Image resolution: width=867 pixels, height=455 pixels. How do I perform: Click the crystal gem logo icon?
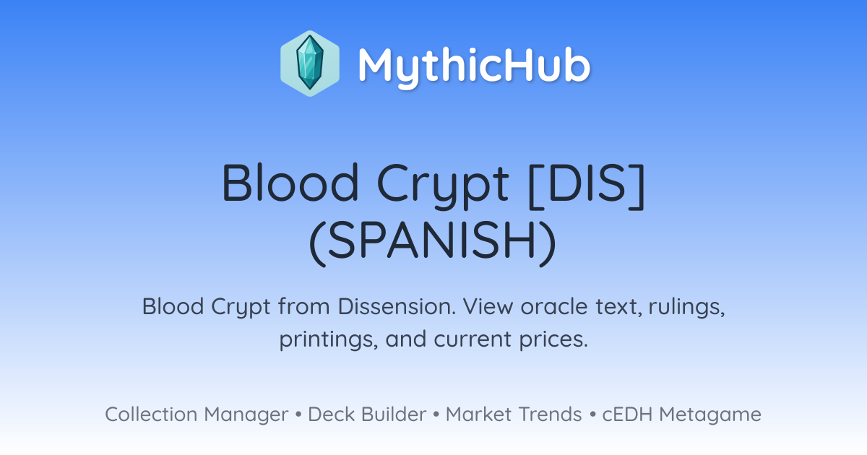[x=310, y=64]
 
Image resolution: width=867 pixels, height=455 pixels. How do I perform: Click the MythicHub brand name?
[x=474, y=66]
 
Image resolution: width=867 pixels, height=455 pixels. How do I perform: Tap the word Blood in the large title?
[x=290, y=183]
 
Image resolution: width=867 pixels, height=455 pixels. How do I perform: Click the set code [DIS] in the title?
[x=587, y=186]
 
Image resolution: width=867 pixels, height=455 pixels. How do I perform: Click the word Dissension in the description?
[x=397, y=306]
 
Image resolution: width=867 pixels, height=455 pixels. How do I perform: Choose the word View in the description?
[x=488, y=306]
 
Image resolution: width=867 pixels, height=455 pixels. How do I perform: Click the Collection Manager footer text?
[x=197, y=415]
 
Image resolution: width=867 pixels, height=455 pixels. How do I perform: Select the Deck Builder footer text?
[x=367, y=415]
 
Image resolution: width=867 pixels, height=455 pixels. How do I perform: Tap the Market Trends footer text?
[x=514, y=415]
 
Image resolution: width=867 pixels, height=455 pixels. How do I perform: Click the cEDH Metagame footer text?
[x=681, y=415]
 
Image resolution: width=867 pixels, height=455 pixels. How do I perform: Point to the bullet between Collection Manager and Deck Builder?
[x=298, y=415]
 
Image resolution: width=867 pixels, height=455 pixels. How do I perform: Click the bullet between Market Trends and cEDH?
[x=592, y=415]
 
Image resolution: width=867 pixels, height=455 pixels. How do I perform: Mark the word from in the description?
[x=304, y=306]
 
